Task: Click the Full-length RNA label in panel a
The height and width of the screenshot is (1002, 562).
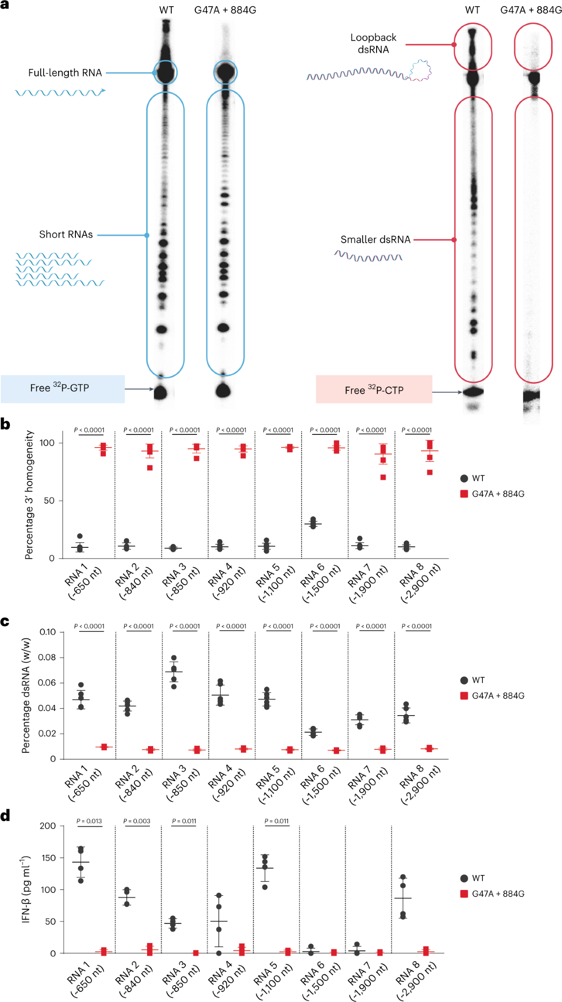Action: tap(65, 73)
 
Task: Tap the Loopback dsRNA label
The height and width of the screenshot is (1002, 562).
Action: tap(373, 44)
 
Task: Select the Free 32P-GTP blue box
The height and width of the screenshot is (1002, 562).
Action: tap(62, 389)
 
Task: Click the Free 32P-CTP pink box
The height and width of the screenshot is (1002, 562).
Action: tap(374, 389)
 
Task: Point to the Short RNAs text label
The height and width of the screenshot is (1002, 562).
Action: tap(66, 234)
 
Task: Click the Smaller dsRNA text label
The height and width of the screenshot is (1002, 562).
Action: tap(375, 239)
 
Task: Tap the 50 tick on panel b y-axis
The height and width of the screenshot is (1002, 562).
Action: tap(49, 501)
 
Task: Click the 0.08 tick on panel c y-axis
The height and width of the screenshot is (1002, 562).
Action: tap(47, 657)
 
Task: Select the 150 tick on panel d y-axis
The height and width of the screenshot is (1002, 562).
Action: tap(48, 858)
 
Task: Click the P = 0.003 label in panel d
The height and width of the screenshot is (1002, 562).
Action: tap(137, 821)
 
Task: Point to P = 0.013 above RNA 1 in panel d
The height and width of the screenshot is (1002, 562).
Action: tap(89, 821)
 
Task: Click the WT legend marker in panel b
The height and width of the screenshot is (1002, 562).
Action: tap(464, 479)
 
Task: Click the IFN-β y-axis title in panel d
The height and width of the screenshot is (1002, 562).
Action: tap(26, 889)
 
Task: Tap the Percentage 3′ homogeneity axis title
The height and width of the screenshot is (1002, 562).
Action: tap(29, 494)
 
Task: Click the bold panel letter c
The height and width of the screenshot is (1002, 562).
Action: tap(5, 622)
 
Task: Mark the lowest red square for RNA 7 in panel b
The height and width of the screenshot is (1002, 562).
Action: tap(383, 478)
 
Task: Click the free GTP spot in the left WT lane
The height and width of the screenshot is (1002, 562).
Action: tap(161, 392)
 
